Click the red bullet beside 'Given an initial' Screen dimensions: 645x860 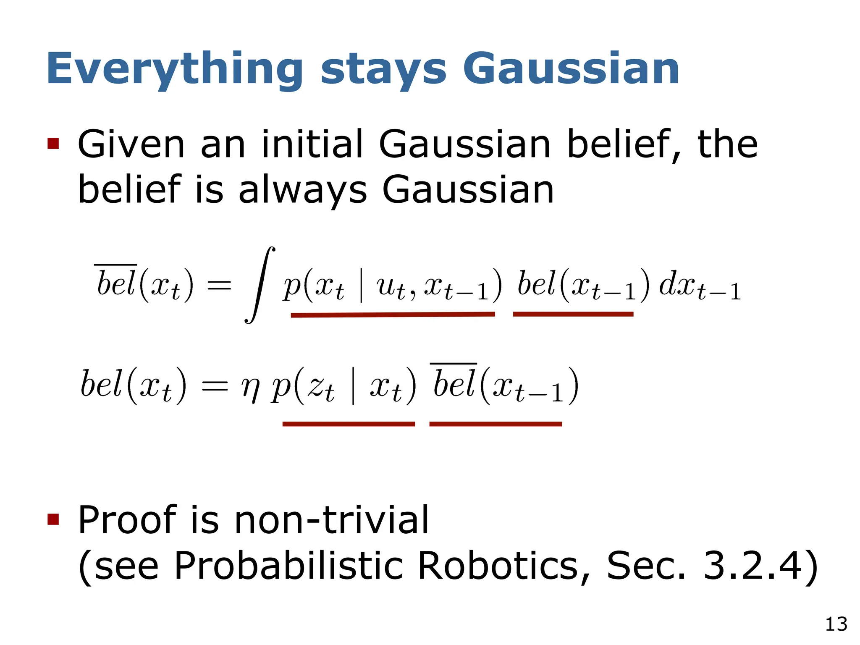pos(53,144)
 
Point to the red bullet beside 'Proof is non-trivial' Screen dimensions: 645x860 pos(53,519)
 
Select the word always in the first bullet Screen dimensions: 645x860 pos(302,190)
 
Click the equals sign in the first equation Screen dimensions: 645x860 pos(219,286)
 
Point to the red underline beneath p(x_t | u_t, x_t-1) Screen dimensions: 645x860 pos(393,315)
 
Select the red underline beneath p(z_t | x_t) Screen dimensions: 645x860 pos(349,424)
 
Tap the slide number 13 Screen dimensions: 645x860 pos(836,624)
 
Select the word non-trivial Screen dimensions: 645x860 pos(331,520)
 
